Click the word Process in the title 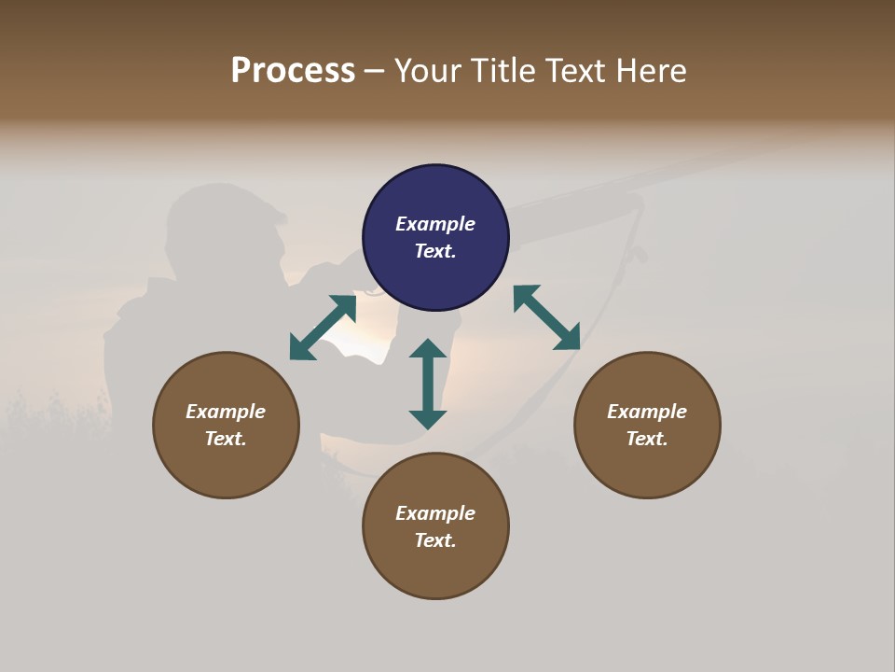click(x=293, y=71)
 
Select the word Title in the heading click(x=504, y=71)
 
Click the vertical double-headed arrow click(x=428, y=385)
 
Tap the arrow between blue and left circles click(x=323, y=328)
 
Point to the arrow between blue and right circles click(x=547, y=318)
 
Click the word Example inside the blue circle click(x=435, y=224)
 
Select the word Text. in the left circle click(x=226, y=439)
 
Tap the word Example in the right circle click(x=647, y=412)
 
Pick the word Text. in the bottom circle click(x=435, y=540)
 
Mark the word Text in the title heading click(x=573, y=71)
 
